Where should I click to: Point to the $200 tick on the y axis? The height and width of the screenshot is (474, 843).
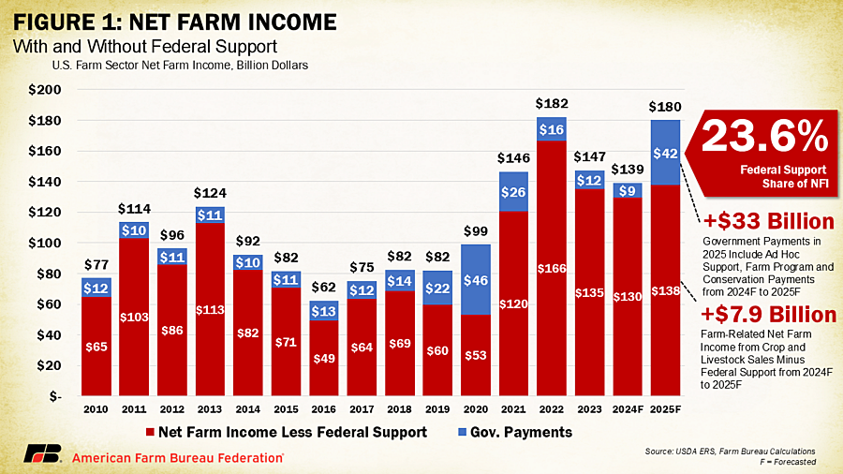[x=45, y=90]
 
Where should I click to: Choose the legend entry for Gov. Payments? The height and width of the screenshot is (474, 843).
[x=523, y=432]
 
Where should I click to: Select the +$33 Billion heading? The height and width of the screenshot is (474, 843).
[x=768, y=222]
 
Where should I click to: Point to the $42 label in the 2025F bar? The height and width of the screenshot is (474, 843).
[x=664, y=153]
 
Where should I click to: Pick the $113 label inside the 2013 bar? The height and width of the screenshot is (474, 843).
[x=211, y=309]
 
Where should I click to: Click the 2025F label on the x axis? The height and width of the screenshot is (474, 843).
[x=664, y=409]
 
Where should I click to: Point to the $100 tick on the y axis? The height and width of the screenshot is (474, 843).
[x=45, y=243]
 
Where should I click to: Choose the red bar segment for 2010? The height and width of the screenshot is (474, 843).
[x=95, y=347]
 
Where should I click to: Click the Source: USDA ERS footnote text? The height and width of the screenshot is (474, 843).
[x=730, y=452]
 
